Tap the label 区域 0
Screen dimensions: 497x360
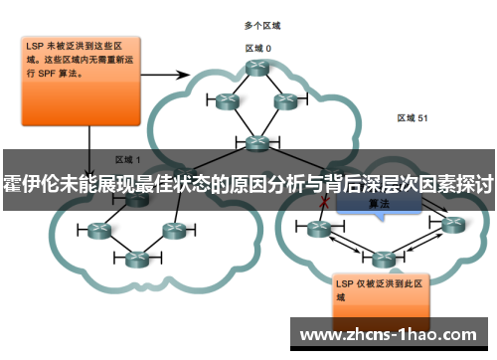(x=258, y=48)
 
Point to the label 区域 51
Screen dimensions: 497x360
(x=413, y=117)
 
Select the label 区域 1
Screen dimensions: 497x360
(x=128, y=158)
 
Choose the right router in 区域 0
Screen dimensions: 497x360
(x=285, y=100)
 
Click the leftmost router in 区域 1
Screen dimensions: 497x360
(x=97, y=231)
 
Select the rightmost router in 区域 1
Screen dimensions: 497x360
(x=175, y=231)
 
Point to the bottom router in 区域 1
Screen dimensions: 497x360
(x=135, y=258)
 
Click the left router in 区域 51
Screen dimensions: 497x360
(x=319, y=229)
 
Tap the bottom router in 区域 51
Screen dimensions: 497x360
(x=380, y=259)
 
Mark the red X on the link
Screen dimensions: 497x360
(x=323, y=202)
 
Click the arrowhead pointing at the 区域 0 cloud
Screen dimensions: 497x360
(x=187, y=74)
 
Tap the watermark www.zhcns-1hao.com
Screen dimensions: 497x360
(x=392, y=333)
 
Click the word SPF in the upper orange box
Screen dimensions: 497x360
(x=48, y=74)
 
